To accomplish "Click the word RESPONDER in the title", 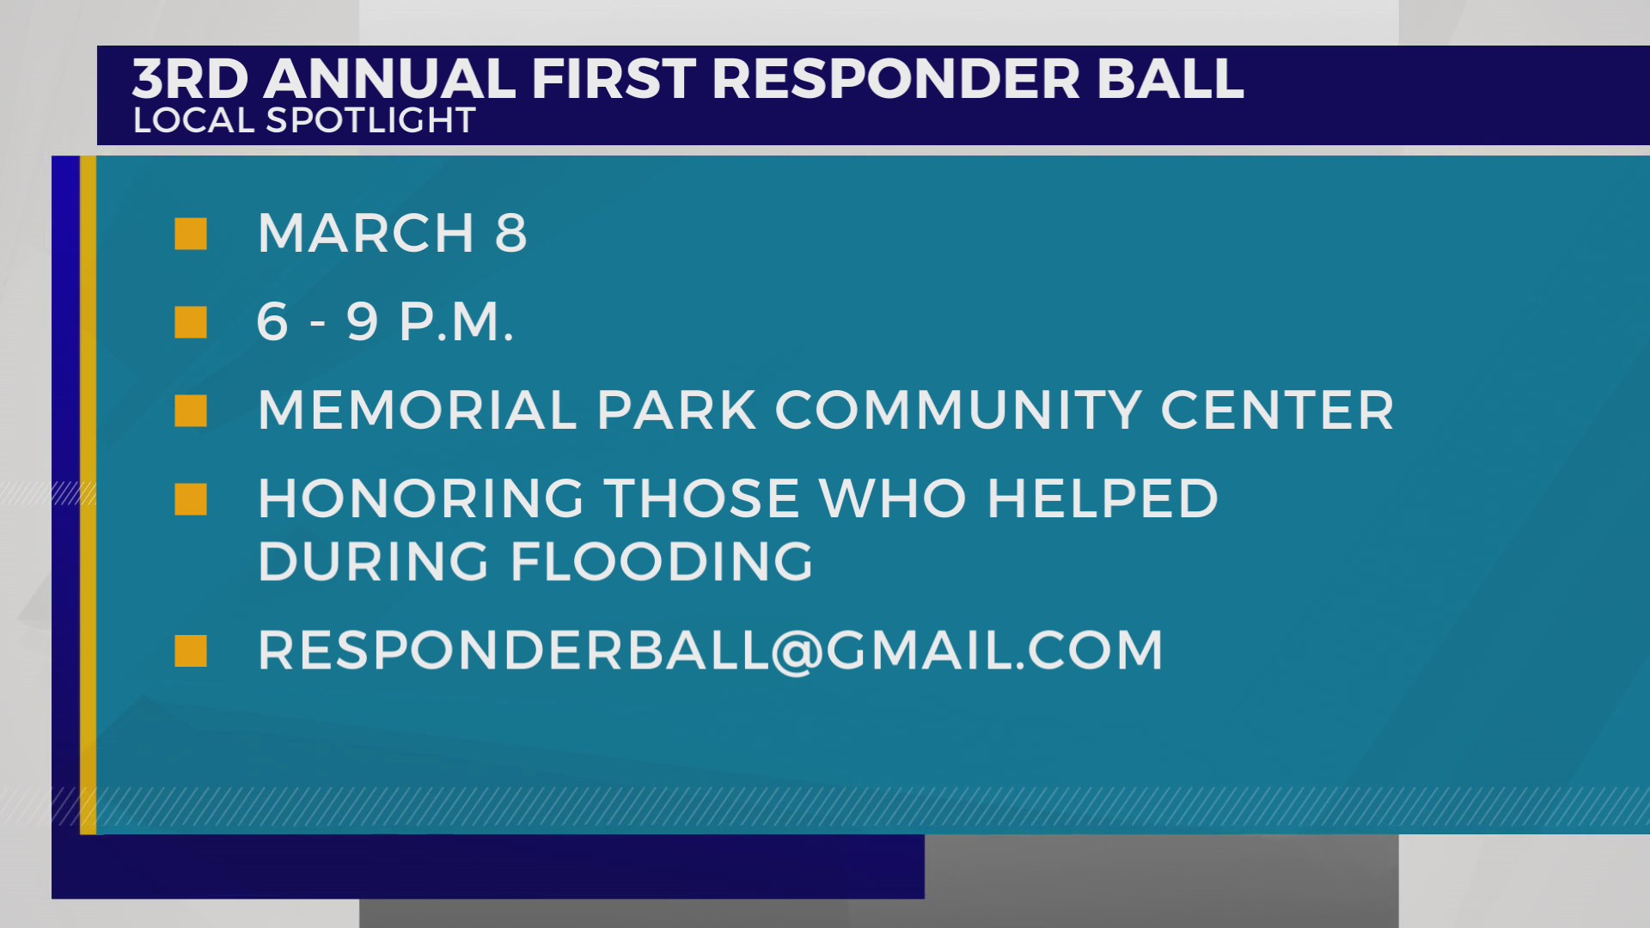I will [x=895, y=79].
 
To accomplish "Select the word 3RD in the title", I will [x=190, y=79].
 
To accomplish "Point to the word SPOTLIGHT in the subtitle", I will [x=370, y=120].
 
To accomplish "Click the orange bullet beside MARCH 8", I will [x=191, y=234].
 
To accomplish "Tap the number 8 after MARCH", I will [x=510, y=234].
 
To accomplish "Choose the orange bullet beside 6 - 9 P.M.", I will [x=191, y=323].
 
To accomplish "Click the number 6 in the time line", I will [x=272, y=323].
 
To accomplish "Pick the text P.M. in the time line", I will [x=456, y=323].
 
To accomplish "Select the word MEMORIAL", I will [x=417, y=411].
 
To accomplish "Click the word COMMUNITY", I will [x=958, y=411].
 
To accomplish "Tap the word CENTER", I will [x=1277, y=411].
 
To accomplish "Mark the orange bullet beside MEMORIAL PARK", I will [x=191, y=411].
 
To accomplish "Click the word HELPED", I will [x=1103, y=499].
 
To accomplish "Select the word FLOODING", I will [x=662, y=562].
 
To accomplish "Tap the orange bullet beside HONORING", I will [x=191, y=499].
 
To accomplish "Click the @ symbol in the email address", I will [x=797, y=651].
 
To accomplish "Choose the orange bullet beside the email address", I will [x=191, y=651].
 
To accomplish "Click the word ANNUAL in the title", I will [x=389, y=79].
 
